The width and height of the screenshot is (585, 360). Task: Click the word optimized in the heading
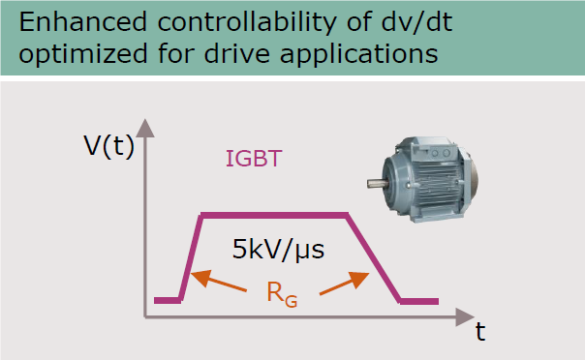coord(73,54)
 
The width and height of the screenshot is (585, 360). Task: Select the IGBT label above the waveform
coord(254,158)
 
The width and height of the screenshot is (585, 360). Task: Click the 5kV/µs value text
coord(278,250)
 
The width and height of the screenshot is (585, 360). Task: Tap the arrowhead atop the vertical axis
coord(145,128)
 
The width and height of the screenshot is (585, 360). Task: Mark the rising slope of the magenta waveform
coord(190,257)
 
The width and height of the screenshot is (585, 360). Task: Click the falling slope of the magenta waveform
coord(375,257)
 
